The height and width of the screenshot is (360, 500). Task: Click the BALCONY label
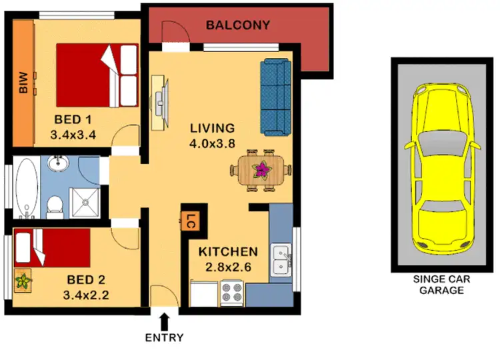[237, 25]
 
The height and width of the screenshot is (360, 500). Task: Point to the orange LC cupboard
[191, 221]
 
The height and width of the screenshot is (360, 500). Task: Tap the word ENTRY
[164, 337]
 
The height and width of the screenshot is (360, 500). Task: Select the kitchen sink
[281, 260]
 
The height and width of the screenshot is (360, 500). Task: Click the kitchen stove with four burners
[233, 293]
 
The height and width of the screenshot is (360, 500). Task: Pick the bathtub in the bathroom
[26, 188]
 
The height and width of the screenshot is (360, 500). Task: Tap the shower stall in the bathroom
[85, 201]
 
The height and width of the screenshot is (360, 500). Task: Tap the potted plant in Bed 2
[23, 281]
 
